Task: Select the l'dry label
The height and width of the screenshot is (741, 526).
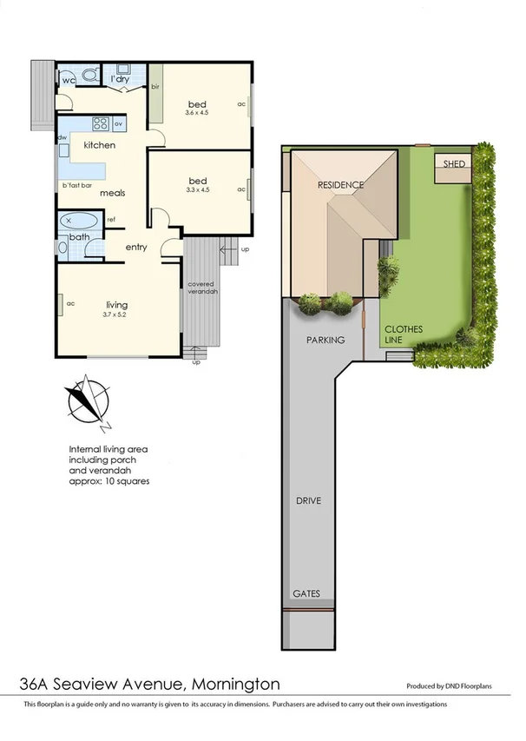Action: [122, 80]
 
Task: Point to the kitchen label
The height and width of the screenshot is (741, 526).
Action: [99, 145]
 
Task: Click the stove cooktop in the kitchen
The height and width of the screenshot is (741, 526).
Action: [98, 123]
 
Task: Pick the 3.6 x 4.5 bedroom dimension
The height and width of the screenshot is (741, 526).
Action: [198, 112]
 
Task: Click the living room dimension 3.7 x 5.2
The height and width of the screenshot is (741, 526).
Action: [116, 314]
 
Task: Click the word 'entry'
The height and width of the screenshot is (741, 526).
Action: [136, 248]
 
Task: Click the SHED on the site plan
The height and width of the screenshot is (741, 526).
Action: [453, 163]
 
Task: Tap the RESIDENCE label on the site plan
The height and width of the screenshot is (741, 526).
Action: [340, 185]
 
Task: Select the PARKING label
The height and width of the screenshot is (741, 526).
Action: [325, 340]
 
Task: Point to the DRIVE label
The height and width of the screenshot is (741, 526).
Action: [308, 502]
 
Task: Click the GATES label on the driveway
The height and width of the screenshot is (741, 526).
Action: [306, 594]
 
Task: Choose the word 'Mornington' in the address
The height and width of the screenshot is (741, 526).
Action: [235, 684]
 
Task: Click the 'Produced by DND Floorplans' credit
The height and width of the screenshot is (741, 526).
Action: [449, 685]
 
